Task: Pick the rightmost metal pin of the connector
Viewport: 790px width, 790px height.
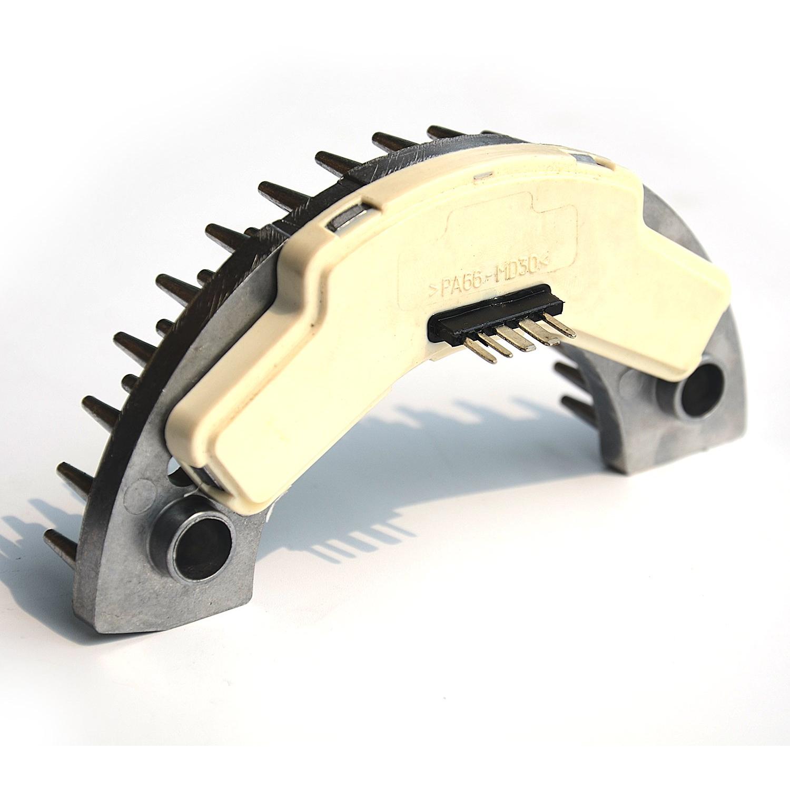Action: pos(559,325)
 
